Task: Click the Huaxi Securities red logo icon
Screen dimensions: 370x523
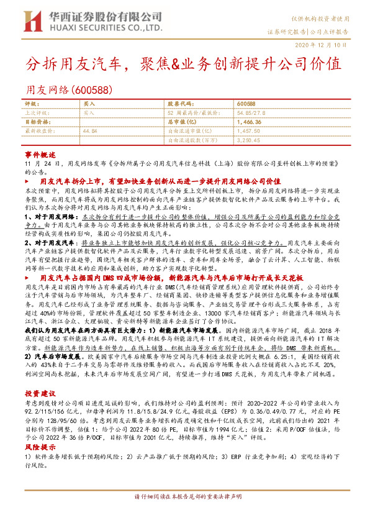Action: tap(32, 20)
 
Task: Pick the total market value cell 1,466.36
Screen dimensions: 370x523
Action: tap(250, 122)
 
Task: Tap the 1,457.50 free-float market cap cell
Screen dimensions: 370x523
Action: tap(250, 132)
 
